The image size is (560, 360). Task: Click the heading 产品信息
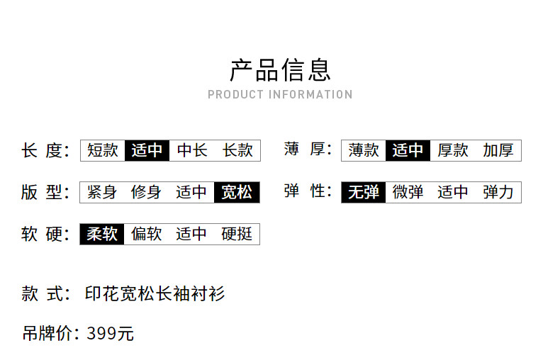tap(280, 70)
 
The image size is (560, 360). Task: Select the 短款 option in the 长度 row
tap(102, 150)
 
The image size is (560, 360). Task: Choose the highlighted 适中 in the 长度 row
tap(147, 150)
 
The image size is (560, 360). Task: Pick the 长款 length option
tap(237, 150)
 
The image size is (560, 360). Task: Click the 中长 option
tap(192, 150)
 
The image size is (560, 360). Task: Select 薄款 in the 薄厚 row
tap(364, 150)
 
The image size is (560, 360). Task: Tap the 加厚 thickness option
tap(498, 150)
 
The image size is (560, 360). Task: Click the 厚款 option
tap(453, 150)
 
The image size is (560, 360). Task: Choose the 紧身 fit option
tap(102, 192)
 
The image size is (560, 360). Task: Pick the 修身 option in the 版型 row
tap(147, 192)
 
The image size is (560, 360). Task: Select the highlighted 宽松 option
tap(237, 192)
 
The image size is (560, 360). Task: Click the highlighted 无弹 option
tap(364, 192)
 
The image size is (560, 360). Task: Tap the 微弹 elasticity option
tap(408, 192)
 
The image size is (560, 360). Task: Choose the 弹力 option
tap(498, 192)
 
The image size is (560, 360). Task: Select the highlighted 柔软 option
tap(102, 234)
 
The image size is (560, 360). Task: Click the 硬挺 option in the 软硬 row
tap(237, 234)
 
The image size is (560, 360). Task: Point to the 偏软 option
tap(147, 234)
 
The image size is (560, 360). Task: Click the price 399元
tap(110, 334)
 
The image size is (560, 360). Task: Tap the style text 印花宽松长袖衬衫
tap(155, 293)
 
